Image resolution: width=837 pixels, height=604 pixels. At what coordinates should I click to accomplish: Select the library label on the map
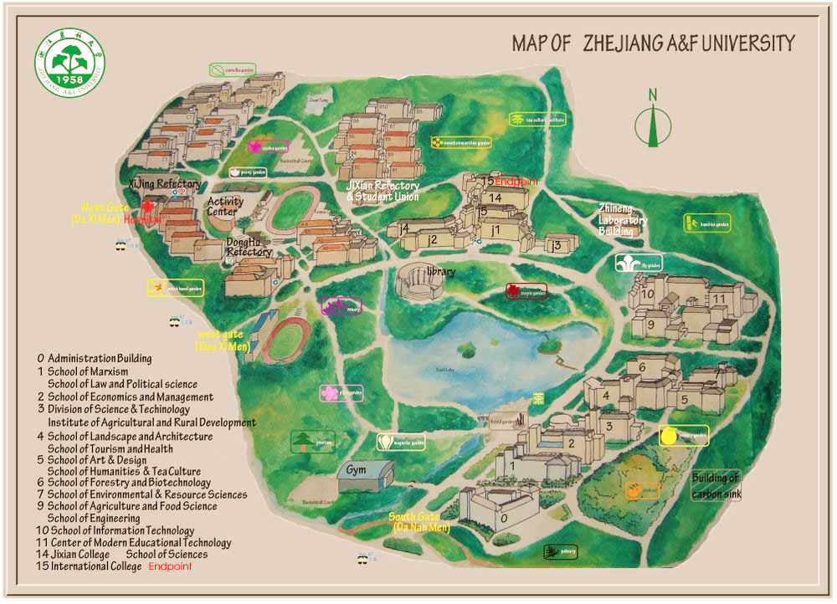[x=440, y=272]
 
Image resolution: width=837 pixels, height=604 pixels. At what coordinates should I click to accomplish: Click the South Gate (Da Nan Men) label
[x=420, y=523]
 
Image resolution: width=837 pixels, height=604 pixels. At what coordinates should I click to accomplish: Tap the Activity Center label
[x=225, y=207]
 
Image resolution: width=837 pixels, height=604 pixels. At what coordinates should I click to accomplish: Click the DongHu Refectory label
[x=249, y=247]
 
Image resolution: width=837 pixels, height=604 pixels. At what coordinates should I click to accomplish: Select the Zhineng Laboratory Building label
[x=623, y=220]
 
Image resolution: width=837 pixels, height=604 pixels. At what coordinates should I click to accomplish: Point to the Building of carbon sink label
[x=716, y=486]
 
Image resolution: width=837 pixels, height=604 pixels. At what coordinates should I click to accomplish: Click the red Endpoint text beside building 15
[x=516, y=182]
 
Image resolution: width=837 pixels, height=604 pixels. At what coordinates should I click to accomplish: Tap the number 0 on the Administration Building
[x=504, y=518]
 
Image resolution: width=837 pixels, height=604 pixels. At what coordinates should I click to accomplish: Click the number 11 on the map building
[x=718, y=299]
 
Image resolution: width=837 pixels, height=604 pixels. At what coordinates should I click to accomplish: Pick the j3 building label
[x=555, y=245]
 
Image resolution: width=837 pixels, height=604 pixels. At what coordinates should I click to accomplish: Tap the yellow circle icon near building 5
[x=668, y=435]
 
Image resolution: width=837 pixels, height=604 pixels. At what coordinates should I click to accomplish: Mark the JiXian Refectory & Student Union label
[x=383, y=191]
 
